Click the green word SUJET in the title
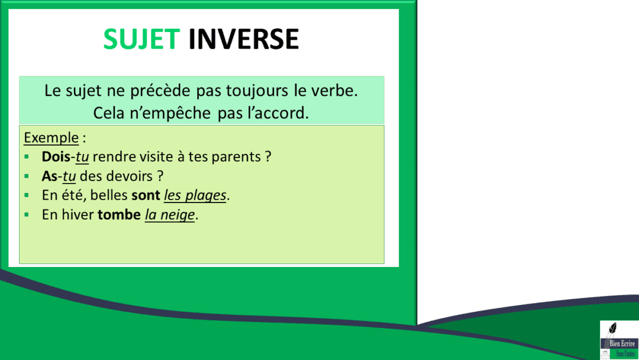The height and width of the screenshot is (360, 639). [x=141, y=39]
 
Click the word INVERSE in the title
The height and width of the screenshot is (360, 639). [x=243, y=39]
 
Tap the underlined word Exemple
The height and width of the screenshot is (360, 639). [x=51, y=138]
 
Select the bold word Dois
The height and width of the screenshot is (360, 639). [x=56, y=157]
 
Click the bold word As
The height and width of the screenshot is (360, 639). [x=49, y=176]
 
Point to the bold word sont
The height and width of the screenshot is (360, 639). [x=146, y=195]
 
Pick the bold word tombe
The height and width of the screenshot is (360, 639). [x=119, y=214]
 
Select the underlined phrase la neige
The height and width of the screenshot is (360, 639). [x=170, y=214]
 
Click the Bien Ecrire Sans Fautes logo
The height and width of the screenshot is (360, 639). [x=618, y=340]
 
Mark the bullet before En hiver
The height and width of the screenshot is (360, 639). [x=27, y=214]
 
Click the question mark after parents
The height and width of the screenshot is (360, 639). [x=268, y=157]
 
